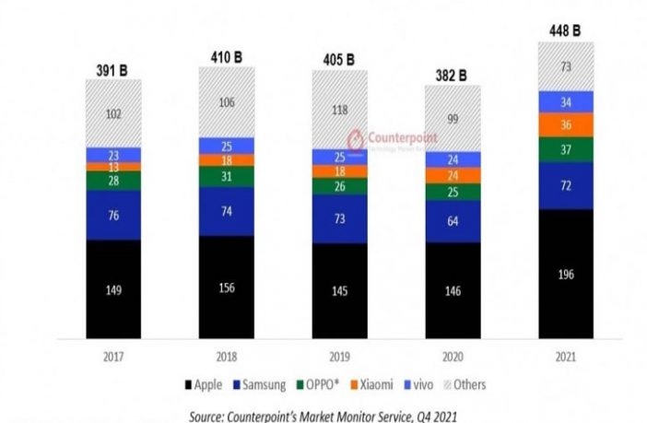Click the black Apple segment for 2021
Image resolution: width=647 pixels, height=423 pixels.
pyautogui.click(x=566, y=274)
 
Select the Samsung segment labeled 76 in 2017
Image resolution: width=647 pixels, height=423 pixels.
pyautogui.click(x=113, y=216)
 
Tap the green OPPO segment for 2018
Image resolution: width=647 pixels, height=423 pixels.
pyautogui.click(x=226, y=176)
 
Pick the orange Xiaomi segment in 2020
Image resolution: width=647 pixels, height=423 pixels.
pyautogui.click(x=453, y=175)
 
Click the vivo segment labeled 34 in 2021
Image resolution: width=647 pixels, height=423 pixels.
pyautogui.click(x=566, y=101)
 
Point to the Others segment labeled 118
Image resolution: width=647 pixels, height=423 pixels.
pyautogui.click(x=339, y=110)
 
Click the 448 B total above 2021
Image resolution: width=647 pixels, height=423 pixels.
pyautogui.click(x=564, y=30)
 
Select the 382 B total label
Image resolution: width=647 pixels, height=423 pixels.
pyautogui.click(x=452, y=75)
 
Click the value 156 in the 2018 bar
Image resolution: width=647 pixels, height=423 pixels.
pyautogui.click(x=226, y=287)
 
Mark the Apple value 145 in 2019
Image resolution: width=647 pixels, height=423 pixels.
pyautogui.click(x=339, y=291)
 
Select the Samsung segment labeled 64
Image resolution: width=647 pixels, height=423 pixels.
pyautogui.click(x=453, y=221)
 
